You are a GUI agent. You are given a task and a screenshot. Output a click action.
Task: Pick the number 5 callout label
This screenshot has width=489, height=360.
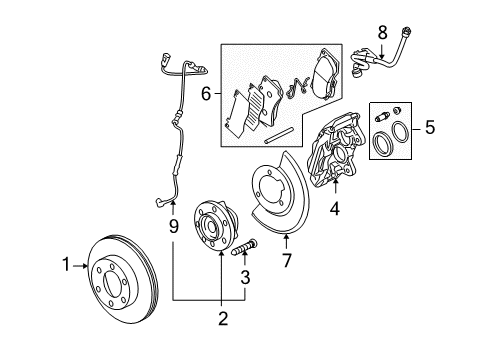429,128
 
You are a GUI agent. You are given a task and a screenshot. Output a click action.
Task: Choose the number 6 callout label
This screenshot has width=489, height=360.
207,95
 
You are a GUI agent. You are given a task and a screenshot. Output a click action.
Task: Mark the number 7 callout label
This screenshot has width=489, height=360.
287,260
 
